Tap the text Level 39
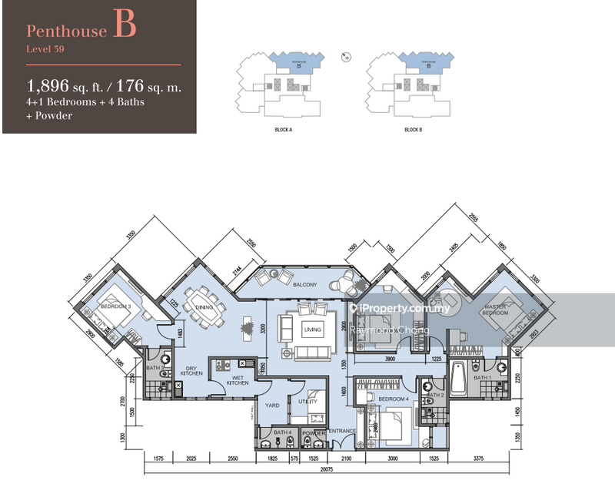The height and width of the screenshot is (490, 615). [44, 51]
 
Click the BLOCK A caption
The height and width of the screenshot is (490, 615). [284, 131]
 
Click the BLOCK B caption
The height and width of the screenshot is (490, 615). [414, 131]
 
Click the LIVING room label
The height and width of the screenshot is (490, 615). [312, 330]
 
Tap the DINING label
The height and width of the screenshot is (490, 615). [204, 307]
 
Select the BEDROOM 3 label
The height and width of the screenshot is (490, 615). [116, 307]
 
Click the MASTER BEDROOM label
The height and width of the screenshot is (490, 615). [494, 310]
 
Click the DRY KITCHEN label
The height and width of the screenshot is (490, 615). [192, 371]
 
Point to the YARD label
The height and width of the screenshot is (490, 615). [271, 406]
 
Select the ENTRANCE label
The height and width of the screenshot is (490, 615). [342, 432]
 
